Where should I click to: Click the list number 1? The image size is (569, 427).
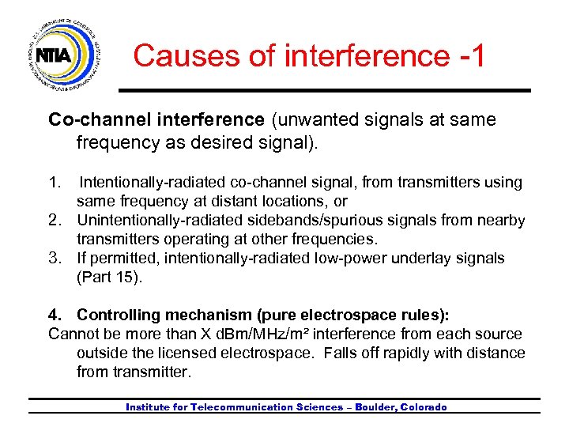(54, 183)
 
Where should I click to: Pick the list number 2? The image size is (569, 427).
(55, 221)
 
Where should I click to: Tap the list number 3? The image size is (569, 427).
(55, 259)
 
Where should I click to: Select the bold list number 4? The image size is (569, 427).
(55, 315)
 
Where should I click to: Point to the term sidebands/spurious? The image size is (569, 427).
(311, 221)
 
